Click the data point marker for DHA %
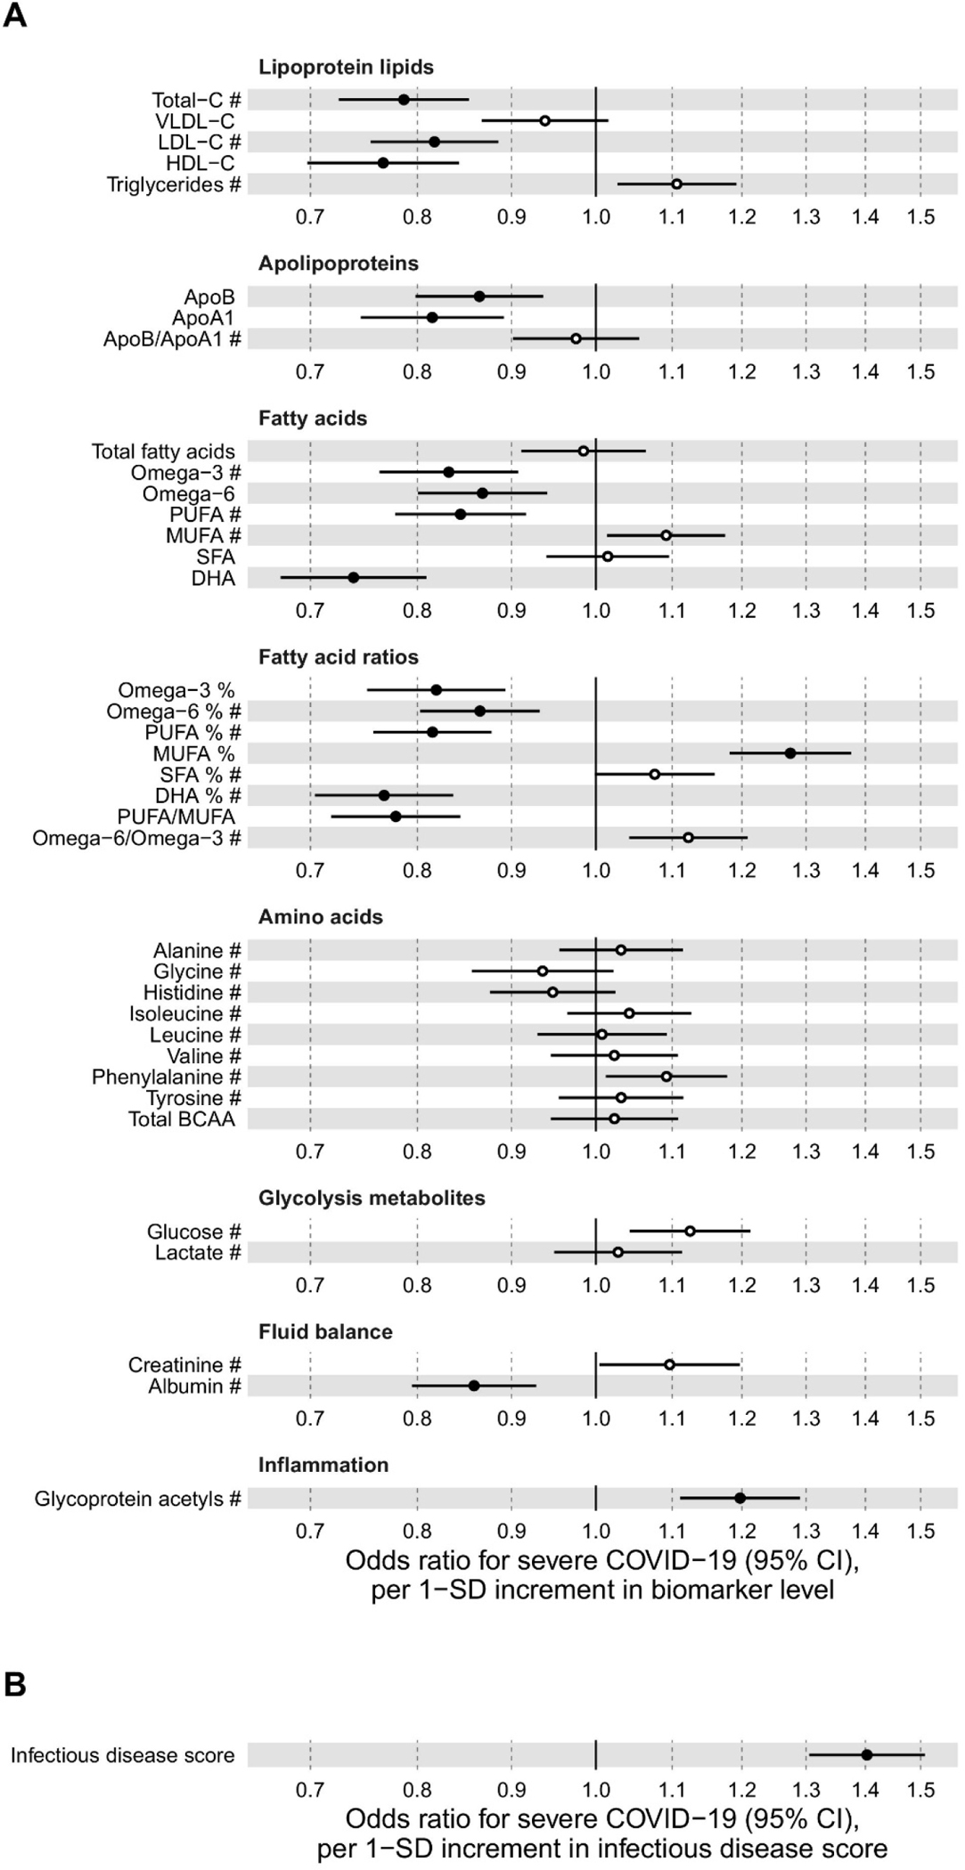click(x=384, y=795)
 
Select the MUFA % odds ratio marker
click(x=790, y=753)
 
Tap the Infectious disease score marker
click(x=867, y=1754)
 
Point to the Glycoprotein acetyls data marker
click(x=740, y=1498)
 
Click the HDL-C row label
click(x=200, y=164)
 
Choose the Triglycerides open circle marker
click(x=677, y=184)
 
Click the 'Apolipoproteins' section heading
click(x=338, y=264)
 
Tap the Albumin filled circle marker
click(x=474, y=1386)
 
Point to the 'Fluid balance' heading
click(x=325, y=1332)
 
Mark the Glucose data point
click(x=690, y=1231)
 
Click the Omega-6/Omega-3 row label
click(x=136, y=838)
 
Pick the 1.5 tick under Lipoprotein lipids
click(x=921, y=217)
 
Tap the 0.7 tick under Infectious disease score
click(x=310, y=1790)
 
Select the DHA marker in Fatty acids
click(x=353, y=578)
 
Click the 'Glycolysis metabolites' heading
click(x=372, y=1199)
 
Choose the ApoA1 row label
click(x=203, y=318)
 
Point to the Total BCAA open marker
click(x=614, y=1118)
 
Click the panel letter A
click(x=15, y=16)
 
